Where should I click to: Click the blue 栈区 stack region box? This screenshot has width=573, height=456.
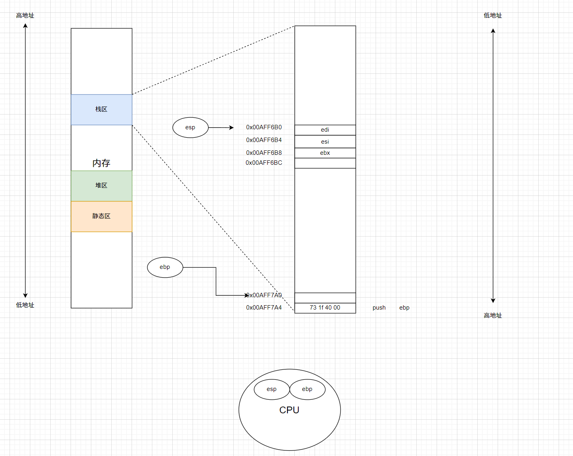pos(101,109)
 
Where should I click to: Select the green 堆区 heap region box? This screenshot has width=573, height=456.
pos(101,186)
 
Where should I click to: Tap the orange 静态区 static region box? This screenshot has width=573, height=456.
pos(101,216)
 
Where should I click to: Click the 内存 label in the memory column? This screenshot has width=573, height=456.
pos(101,163)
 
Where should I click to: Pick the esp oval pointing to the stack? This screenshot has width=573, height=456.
pos(190,127)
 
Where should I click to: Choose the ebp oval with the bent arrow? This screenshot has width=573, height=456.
pos(165,267)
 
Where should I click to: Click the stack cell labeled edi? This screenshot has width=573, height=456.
pos(325,130)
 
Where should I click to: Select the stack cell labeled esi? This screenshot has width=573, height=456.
pos(325,142)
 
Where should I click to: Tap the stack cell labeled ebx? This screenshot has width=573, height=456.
pos(325,153)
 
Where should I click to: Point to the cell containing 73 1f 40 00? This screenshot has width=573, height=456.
pos(325,308)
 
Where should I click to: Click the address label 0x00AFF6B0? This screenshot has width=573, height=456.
pos(264,127)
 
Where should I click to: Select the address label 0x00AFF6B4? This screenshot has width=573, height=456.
pos(264,140)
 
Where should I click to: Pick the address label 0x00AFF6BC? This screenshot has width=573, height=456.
pos(264,163)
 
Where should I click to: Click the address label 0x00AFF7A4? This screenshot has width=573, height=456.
pos(264,308)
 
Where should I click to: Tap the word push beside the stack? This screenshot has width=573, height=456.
pos(379,308)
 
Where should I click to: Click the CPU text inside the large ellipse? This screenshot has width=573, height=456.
pos(289,410)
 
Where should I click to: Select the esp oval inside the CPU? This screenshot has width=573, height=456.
pos(272,389)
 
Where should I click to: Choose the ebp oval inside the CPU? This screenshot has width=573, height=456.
pos(307,389)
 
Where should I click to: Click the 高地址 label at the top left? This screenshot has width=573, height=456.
pos(25,16)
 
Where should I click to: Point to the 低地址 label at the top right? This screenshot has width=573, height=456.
pos(493,16)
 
